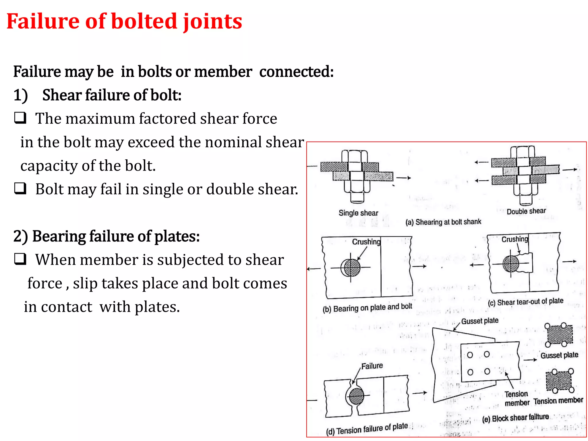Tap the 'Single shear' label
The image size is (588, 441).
pyautogui.click(x=358, y=213)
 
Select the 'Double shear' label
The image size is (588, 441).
pyautogui.click(x=526, y=211)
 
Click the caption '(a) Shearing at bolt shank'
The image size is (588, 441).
pyautogui.click(x=443, y=222)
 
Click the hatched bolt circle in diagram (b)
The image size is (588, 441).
pyautogui.click(x=351, y=268)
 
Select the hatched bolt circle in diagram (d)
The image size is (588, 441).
pyautogui.click(x=357, y=396)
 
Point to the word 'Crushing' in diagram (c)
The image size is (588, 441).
pyautogui.click(x=514, y=239)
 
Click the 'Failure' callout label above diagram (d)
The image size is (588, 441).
pyautogui.click(x=372, y=366)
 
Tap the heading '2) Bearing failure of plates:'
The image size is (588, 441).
pyautogui.click(x=107, y=237)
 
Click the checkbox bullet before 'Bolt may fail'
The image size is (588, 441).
pyautogui.click(x=20, y=189)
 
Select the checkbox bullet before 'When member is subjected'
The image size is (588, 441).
pyautogui.click(x=20, y=259)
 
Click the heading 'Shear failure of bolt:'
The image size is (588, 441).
pyautogui.click(x=112, y=95)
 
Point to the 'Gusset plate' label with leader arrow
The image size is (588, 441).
pyautogui.click(x=479, y=321)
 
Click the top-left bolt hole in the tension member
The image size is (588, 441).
pyautogui.click(x=470, y=355)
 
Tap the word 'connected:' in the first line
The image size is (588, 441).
pyautogui.click(x=296, y=72)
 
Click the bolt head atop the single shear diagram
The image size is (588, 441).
pyautogui.click(x=355, y=156)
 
